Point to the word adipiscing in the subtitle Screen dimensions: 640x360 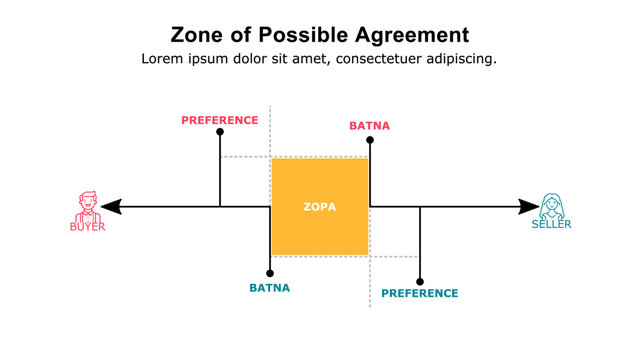coord(455,59)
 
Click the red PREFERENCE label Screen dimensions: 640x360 coord(220,120)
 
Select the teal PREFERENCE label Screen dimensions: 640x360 coord(420,293)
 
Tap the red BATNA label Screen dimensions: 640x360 coord(369,126)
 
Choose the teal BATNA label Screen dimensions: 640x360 coord(270,288)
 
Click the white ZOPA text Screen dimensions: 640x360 coord(320,207)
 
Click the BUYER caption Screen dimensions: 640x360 coord(88,227)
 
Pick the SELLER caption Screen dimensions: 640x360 coord(551,225)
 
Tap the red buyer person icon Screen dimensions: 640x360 coord(88,205)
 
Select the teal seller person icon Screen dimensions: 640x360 coord(551,205)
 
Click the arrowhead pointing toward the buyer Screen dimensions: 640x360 coord(111,207)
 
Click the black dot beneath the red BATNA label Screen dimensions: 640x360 coord(370,140)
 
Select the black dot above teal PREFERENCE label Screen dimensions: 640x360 coord(420,281)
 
